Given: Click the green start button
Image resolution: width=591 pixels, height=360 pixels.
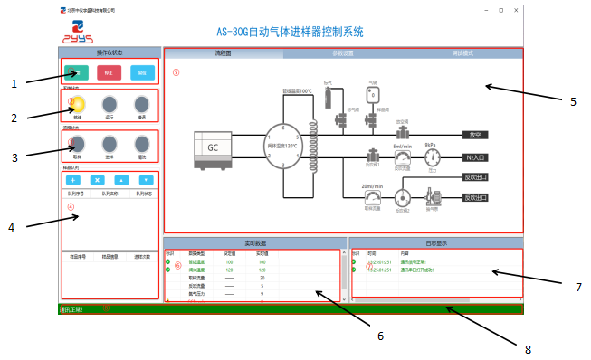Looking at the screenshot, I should [x=76, y=73].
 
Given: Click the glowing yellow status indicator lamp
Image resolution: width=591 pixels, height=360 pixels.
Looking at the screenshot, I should [x=78, y=104].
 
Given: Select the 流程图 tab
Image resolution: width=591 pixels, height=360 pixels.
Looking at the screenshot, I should [x=223, y=54].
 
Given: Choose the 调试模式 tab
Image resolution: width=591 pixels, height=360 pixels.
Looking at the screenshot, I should [x=462, y=54].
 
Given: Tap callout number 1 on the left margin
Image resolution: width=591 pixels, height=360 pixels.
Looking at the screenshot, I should [x=14, y=83].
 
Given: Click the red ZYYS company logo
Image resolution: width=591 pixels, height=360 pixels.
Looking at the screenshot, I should [x=76, y=33].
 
